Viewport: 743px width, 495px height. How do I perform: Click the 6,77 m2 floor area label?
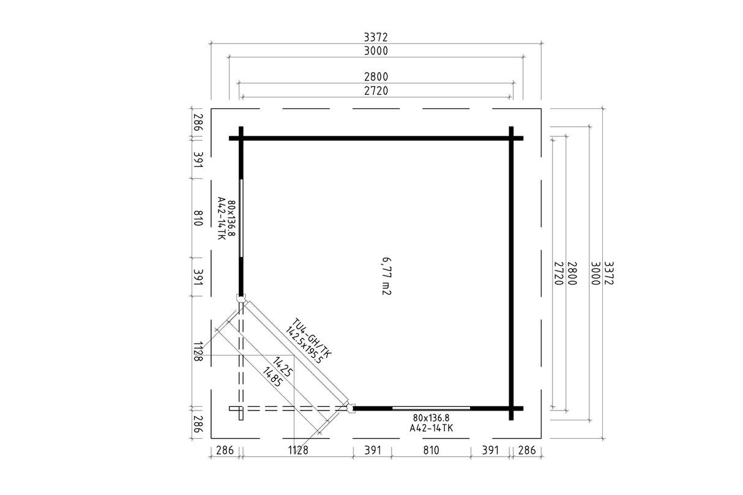387,276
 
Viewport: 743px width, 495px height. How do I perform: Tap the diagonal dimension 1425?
283,367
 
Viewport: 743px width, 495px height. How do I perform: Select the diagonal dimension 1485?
272,377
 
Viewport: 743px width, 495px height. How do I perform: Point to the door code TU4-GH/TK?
312,338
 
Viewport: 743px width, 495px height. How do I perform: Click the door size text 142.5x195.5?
304,346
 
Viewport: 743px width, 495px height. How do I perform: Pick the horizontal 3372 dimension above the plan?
376,37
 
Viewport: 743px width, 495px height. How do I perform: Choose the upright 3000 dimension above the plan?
376,51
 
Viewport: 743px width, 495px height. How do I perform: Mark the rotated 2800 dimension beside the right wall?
572,273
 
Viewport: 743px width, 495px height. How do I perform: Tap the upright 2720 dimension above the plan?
376,91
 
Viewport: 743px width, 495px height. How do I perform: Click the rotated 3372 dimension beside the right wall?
609,273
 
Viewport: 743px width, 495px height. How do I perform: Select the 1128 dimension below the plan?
298,450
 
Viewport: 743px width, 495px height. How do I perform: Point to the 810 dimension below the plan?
431,450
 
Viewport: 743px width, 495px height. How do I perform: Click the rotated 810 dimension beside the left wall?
198,218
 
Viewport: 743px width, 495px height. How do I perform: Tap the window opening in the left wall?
241,218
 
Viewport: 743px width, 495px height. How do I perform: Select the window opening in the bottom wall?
431,408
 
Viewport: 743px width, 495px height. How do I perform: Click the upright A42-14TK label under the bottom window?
431,428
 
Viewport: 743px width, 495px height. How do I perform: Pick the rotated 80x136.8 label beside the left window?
231,218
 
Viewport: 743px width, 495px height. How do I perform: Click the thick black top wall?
376,138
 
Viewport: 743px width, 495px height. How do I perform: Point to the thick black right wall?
511,273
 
